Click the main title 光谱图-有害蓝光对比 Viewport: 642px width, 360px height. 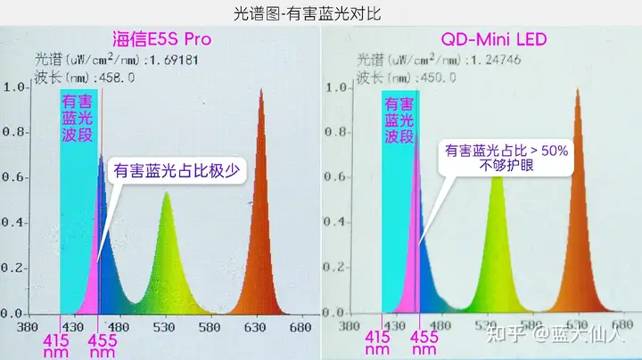(x=307, y=13)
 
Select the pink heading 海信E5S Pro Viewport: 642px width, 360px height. (x=161, y=39)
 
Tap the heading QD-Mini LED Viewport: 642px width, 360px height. (x=494, y=39)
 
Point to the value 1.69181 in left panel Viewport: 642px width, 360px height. (x=174, y=61)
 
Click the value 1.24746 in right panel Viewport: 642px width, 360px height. (x=496, y=60)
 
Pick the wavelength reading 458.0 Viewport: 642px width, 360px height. (x=117, y=78)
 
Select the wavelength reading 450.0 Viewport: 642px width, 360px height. (x=439, y=78)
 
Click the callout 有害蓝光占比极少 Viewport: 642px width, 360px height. (x=177, y=170)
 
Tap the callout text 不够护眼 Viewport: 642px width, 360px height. (x=506, y=166)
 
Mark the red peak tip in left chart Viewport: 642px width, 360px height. (x=261, y=89)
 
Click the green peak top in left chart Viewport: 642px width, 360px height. (x=166, y=192)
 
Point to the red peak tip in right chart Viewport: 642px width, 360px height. (x=578, y=88)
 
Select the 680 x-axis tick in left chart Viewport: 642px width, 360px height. (x=300, y=327)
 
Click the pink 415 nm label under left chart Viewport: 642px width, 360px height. (x=56, y=346)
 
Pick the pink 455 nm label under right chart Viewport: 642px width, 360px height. (x=424, y=343)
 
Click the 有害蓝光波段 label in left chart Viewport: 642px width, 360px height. (x=77, y=118)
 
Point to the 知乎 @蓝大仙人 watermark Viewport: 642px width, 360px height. (x=556, y=335)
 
